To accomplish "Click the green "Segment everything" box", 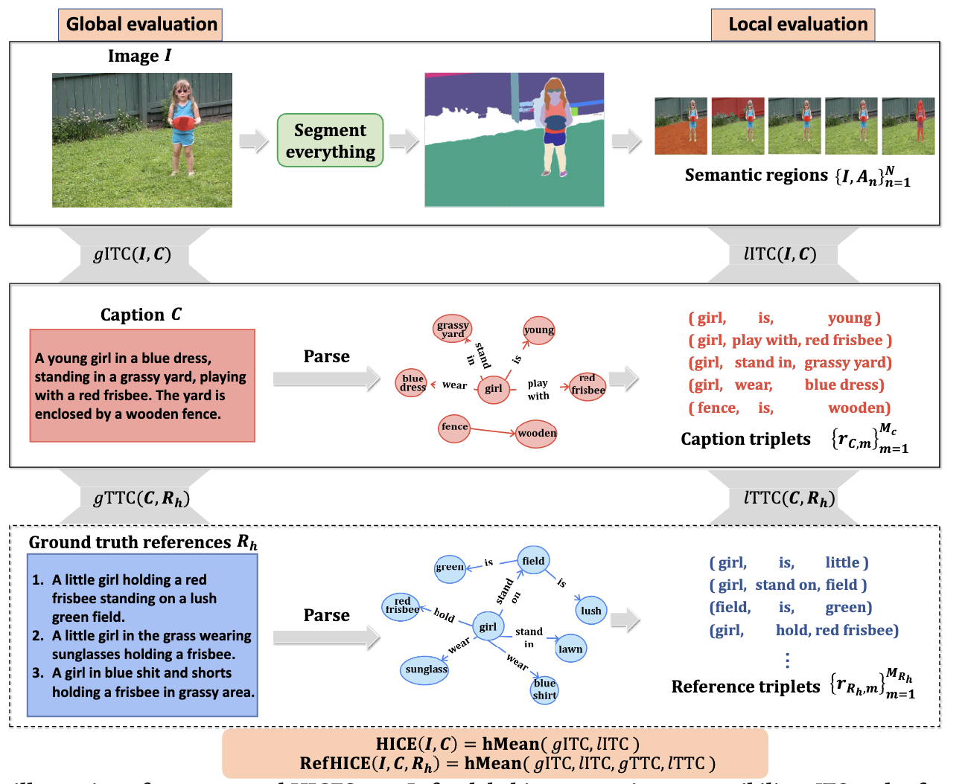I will coord(330,141).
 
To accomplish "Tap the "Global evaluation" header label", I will coord(141,25).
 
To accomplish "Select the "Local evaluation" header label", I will coord(793,25).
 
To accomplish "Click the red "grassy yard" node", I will coord(453,329).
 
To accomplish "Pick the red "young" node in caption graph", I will coord(538,330).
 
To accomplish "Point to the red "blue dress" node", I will coord(413,382).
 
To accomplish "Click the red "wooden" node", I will coord(537,433).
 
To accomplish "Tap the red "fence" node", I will coord(454,427).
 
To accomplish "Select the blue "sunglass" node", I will coord(425,669).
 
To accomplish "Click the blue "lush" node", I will coord(590,611).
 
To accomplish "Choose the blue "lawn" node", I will coord(570,649).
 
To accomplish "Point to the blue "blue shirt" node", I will coord(544,690).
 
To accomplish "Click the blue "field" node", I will coord(533,561).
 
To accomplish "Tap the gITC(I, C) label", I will coord(133,254).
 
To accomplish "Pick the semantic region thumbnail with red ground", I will coord(681,126).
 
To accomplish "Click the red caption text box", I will coord(142,386).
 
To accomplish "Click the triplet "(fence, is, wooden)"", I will coord(789,408).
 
